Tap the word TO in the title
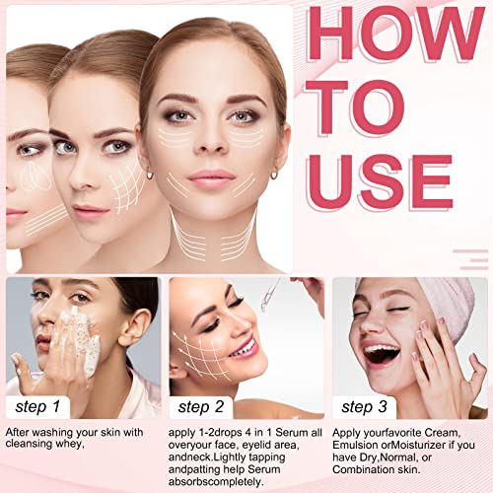point(355,107)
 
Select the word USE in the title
point(381,182)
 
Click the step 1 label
point(37,407)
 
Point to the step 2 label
point(201,407)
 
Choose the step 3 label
point(364,407)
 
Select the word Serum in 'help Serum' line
point(264,469)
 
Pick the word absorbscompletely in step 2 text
point(216,482)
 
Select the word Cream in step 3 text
point(442,433)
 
